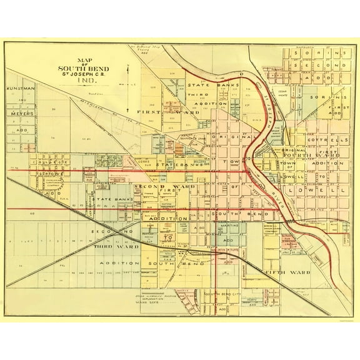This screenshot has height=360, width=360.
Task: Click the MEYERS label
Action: click(21, 113)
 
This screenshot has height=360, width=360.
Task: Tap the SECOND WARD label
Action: click(154, 186)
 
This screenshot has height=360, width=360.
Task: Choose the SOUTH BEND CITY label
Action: click(225, 293)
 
